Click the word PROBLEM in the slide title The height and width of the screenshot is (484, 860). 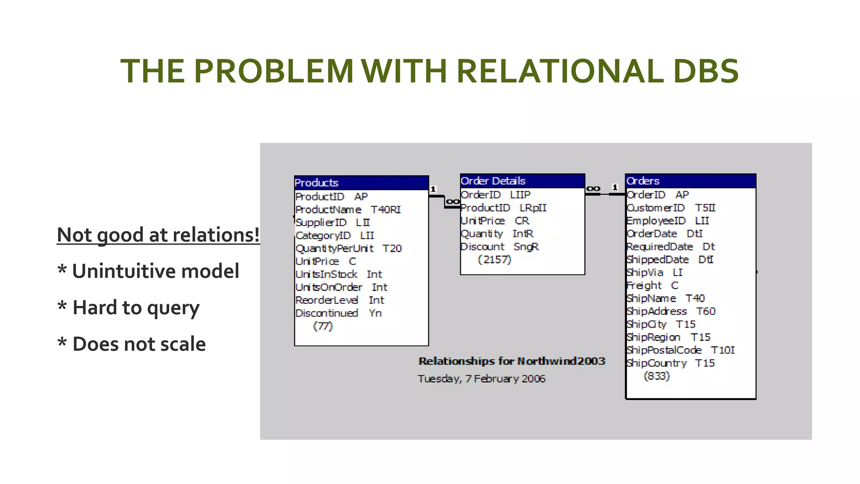274,71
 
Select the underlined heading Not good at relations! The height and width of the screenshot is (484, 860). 158,234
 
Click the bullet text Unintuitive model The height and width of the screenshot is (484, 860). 155,271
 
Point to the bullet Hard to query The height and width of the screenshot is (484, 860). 136,308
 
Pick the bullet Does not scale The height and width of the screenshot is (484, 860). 139,344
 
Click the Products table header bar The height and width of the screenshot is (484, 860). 361,183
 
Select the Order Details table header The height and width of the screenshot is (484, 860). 522,181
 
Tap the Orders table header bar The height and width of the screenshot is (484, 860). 690,181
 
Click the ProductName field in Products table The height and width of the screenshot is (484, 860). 328,209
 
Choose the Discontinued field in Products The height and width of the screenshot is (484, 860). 327,313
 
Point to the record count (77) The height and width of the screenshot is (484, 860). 322,326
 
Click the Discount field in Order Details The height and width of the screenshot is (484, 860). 482,247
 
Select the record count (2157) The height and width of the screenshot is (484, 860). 494,260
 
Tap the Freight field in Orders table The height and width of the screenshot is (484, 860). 644,286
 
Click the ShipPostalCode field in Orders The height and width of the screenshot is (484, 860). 664,350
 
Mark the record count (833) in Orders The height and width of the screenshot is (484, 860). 656,376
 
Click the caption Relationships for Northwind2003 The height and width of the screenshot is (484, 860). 511,361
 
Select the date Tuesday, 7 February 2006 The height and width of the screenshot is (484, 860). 481,379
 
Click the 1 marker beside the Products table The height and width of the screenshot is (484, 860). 433,189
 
